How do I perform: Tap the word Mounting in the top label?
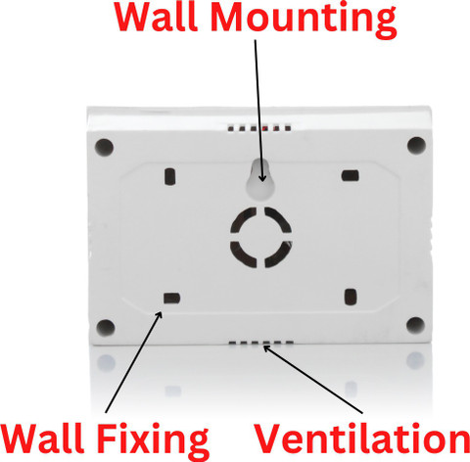coord(304,21)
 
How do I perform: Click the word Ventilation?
coord(361,438)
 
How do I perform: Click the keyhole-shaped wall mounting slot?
coord(260,179)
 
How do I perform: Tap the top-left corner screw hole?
coord(104,147)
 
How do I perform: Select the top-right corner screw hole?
coord(416,145)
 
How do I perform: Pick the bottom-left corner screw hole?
coord(106,328)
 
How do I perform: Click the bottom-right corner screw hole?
coord(415,325)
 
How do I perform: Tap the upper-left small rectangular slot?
coord(169,176)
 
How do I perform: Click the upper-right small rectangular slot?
coord(351,176)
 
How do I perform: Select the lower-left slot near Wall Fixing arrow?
coord(171,299)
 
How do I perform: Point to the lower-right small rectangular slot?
coord(351,297)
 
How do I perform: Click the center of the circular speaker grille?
coord(260,238)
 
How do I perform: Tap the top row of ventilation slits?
coord(259,128)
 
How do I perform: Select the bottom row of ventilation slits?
coord(261,343)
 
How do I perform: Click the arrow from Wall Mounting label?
coord(258,111)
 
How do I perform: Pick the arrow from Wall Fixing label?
coord(133,362)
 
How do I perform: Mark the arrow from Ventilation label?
coord(312,379)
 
